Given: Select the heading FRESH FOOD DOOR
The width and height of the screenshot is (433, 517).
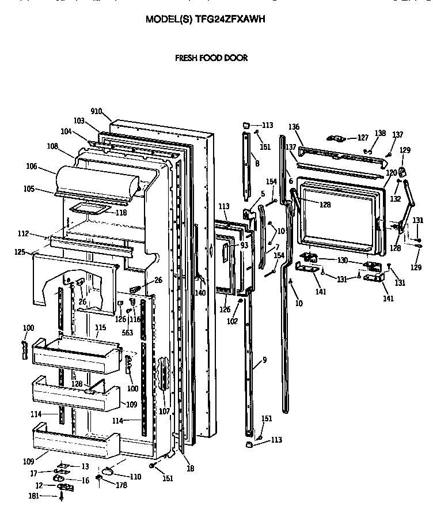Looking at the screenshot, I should pyautogui.click(x=211, y=58).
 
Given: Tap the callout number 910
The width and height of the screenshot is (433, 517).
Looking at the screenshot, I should pyautogui.click(x=96, y=112).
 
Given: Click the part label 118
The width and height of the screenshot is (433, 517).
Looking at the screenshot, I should pyautogui.click(x=120, y=213).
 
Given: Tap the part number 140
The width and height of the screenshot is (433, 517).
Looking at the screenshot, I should pyautogui.click(x=200, y=292).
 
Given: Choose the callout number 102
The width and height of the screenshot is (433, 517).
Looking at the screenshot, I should pyautogui.click(x=231, y=322).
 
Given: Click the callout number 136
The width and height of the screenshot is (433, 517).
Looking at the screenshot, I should pyautogui.click(x=294, y=127).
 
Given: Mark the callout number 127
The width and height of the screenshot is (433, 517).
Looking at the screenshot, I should pyautogui.click(x=363, y=138).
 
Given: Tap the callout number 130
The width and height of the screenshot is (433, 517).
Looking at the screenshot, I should pyautogui.click(x=342, y=260).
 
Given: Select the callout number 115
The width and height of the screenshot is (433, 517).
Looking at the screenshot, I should pyautogui.click(x=101, y=327).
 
